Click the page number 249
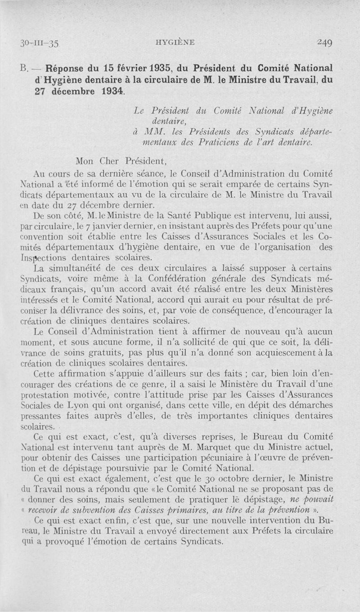pyautogui.click(x=324, y=43)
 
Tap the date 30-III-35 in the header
pyautogui.click(x=40, y=43)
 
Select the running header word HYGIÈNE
pyautogui.click(x=175, y=42)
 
